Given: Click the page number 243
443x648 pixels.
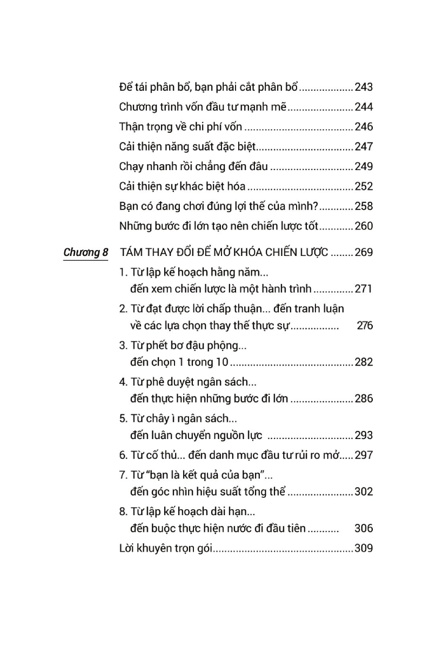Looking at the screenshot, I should click(x=364, y=87).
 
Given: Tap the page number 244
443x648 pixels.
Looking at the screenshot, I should click(x=364, y=107).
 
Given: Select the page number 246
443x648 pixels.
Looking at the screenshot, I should click(x=364, y=127).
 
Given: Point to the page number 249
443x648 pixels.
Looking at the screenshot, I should click(x=364, y=167).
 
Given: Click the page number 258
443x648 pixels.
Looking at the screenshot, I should click(x=364, y=206).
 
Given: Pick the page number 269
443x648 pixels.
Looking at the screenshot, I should click(x=364, y=252).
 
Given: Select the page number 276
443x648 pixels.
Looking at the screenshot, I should click(x=365, y=326).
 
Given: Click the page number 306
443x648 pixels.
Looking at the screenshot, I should click(x=364, y=529).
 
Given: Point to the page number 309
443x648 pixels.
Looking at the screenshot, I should click(x=364, y=549).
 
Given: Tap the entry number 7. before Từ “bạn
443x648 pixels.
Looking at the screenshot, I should click(x=123, y=475).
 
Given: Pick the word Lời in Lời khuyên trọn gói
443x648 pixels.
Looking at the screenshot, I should click(x=126, y=549).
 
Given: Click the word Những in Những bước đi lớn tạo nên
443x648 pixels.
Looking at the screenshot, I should click(x=133, y=226).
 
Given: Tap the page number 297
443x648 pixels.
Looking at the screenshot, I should click(x=364, y=455).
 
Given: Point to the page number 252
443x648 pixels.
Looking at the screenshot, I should click(x=364, y=187).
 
